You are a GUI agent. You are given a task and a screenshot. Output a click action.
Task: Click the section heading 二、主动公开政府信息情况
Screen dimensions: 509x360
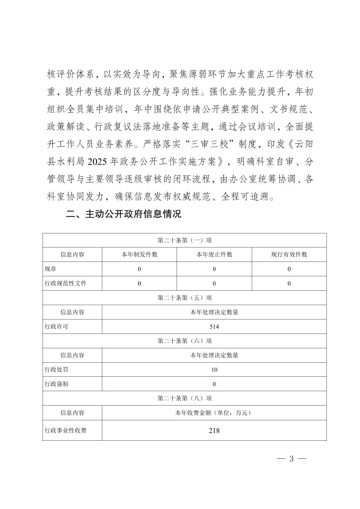[123, 214]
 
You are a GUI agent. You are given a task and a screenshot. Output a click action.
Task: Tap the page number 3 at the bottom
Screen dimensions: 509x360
[291, 459]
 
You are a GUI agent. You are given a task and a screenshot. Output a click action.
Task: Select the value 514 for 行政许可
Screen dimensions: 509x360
[214, 326]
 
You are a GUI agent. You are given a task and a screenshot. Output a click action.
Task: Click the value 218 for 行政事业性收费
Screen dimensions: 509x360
[214, 430]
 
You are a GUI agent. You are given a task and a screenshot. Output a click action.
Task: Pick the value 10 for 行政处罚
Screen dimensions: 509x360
[214, 370]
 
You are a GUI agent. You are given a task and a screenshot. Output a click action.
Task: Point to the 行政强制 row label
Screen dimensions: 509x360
[57, 384]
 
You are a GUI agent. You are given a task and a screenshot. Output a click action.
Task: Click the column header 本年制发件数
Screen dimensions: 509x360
[139, 254]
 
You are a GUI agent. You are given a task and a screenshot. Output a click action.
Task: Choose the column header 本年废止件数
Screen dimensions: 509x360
[214, 254]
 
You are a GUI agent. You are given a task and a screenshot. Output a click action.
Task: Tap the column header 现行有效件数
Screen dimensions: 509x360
[289, 254]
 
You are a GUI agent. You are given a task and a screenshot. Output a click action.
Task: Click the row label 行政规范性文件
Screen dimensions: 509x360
[66, 283]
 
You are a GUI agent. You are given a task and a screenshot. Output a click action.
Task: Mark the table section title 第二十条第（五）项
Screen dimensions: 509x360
[185, 298]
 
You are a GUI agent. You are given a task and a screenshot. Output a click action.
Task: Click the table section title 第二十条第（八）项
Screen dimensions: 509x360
[185, 398]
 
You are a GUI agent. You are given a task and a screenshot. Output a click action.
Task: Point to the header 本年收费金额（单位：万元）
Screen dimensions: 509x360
[214, 413]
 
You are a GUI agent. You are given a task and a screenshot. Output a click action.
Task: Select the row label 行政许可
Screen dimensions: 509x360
[57, 326]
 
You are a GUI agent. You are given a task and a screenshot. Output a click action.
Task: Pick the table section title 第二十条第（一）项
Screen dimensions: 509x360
[185, 240]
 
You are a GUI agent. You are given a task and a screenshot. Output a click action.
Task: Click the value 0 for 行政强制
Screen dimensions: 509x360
[214, 384]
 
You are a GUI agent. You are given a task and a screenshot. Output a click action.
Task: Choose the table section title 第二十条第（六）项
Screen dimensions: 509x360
[185, 341]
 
